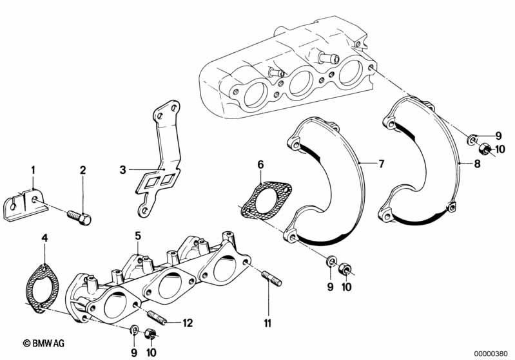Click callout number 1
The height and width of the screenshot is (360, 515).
(34, 170)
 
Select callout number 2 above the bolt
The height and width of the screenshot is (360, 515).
(83, 170)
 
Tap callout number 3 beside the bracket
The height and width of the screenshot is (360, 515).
(122, 170)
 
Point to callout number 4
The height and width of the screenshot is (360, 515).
(44, 240)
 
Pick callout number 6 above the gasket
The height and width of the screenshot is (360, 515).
(260, 165)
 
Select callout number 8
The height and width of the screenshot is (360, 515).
(477, 164)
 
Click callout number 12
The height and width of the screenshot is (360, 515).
(188, 322)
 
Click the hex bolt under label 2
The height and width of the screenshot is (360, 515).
(80, 214)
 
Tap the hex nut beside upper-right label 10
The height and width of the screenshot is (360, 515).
(488, 150)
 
